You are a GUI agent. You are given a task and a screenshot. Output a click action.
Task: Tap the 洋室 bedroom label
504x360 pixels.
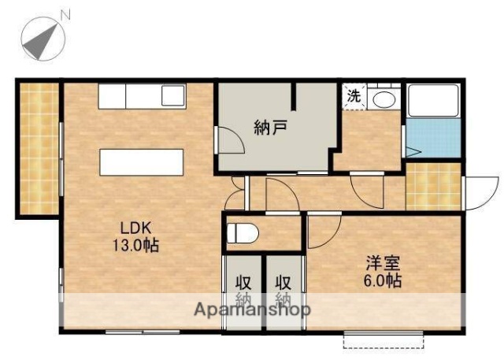pos(382,263)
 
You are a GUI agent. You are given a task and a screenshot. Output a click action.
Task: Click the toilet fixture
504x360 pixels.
pos(242,232)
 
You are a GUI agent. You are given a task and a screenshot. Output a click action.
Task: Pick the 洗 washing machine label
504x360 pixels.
pos(354,97)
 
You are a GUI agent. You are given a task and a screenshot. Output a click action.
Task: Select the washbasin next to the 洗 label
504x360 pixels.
pos(385,99)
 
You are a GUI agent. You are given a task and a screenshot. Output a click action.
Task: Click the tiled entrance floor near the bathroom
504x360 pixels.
pos(432,187)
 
